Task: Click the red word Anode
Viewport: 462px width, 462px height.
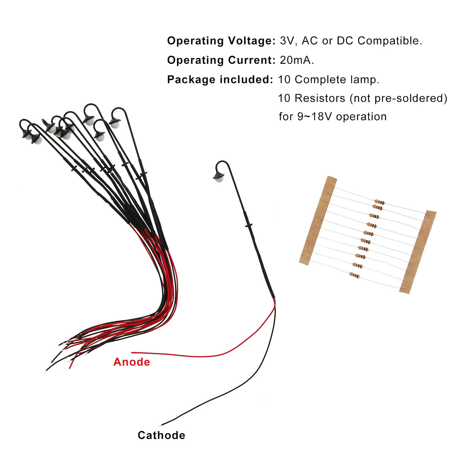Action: tap(132, 362)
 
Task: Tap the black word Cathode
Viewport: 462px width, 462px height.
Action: tap(161, 435)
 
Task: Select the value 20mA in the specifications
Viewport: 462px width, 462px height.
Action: tap(297, 60)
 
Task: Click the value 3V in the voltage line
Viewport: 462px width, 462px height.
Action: tap(287, 41)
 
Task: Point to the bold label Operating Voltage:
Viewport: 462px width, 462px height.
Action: tap(221, 41)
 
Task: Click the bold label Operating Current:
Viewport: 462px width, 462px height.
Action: tap(221, 60)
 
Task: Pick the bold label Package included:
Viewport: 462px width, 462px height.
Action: tap(220, 79)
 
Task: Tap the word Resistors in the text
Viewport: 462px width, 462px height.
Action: tap(320, 98)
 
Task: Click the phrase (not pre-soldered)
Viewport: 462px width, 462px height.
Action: tap(398, 98)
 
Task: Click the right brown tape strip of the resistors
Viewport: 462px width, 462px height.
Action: tap(418, 252)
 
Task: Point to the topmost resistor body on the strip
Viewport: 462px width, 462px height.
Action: tap(379, 202)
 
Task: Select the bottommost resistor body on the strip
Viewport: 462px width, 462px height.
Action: tap(355, 275)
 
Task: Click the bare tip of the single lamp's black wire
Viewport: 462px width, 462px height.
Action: tap(162, 425)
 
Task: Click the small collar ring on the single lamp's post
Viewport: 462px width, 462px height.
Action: tap(249, 225)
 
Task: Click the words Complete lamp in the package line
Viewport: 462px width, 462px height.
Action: tap(337, 79)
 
